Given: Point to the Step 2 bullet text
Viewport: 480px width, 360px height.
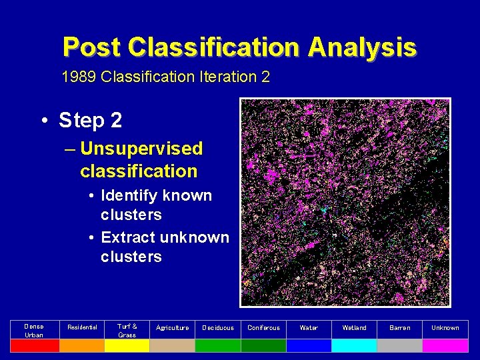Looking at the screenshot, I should tap(90, 121).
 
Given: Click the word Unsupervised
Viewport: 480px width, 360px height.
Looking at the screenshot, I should tap(141, 149).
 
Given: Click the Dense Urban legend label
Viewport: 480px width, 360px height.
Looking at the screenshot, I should tap(34, 330).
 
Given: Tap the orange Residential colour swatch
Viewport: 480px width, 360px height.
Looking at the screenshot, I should tap(81, 345).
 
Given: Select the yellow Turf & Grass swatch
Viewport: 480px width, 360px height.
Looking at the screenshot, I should tap(127, 345).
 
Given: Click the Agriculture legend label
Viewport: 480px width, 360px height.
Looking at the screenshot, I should tap(172, 328).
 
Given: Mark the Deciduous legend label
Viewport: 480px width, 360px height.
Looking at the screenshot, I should tap(218, 328).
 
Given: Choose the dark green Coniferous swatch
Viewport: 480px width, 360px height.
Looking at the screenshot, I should tap(263, 345).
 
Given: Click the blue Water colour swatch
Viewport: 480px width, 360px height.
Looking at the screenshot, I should tap(309, 345).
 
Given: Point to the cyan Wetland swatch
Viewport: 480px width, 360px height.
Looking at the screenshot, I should tap(354, 345).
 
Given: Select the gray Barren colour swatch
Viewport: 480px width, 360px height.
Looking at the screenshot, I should tap(399, 345).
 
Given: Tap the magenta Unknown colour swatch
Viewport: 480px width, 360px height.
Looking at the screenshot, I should tap(445, 345).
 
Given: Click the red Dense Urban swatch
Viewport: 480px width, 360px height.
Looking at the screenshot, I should tap(35, 345).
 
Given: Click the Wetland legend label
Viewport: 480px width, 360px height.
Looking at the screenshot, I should tap(354, 328).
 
